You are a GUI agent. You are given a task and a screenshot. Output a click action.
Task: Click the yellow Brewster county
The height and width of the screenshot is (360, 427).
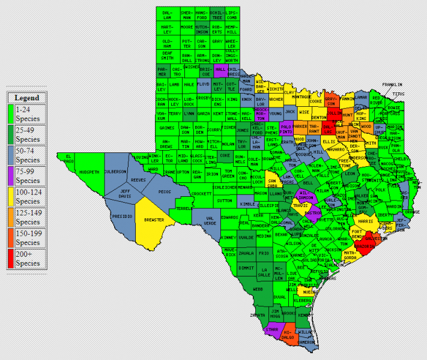tap(154, 220)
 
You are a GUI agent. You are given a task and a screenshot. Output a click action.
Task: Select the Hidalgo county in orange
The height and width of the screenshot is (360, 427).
tap(288, 334)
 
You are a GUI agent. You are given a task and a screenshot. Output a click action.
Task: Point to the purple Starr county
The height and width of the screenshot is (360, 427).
tap(272, 329)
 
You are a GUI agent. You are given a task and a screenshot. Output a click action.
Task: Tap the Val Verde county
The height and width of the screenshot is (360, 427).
tap(208, 220)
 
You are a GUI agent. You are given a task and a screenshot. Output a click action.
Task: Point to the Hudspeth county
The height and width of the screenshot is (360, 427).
tap(88, 172)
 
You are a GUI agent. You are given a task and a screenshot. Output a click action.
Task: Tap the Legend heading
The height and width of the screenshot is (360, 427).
tap(26, 98)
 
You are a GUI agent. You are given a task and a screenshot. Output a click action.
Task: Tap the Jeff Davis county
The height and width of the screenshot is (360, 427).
tap(125, 194)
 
